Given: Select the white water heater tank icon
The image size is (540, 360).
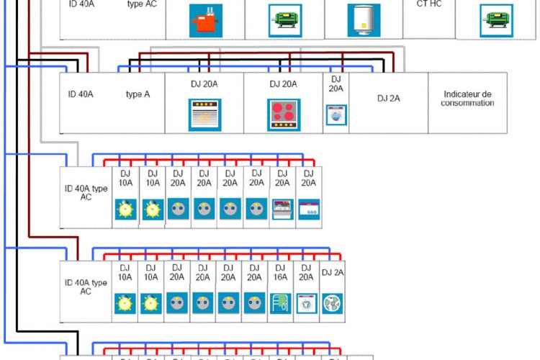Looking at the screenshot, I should click(363, 19).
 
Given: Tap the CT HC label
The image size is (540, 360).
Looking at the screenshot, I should click(429, 4).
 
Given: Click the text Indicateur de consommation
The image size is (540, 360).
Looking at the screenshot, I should click(469, 99).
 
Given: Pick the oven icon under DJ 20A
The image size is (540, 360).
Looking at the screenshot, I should click(204, 113).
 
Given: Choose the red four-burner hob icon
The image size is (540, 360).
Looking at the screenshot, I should click(283, 114).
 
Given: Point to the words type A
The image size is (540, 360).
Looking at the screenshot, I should click(138, 94).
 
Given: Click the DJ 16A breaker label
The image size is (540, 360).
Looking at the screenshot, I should click(279, 271).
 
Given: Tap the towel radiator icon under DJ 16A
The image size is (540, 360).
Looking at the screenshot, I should click(279, 303).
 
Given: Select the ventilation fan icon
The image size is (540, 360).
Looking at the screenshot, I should click(332, 302).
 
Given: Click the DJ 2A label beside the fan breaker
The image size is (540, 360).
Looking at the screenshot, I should click(332, 272).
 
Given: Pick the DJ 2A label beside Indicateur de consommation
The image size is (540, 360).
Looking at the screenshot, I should click(388, 99).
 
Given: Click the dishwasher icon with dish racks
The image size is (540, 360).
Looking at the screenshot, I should click(282, 209).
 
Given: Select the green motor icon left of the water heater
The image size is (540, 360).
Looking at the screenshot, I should click(284, 20).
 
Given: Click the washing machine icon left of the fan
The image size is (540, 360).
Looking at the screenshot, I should click(306, 303).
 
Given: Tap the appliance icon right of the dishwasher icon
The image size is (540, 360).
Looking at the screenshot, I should click(308, 209).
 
